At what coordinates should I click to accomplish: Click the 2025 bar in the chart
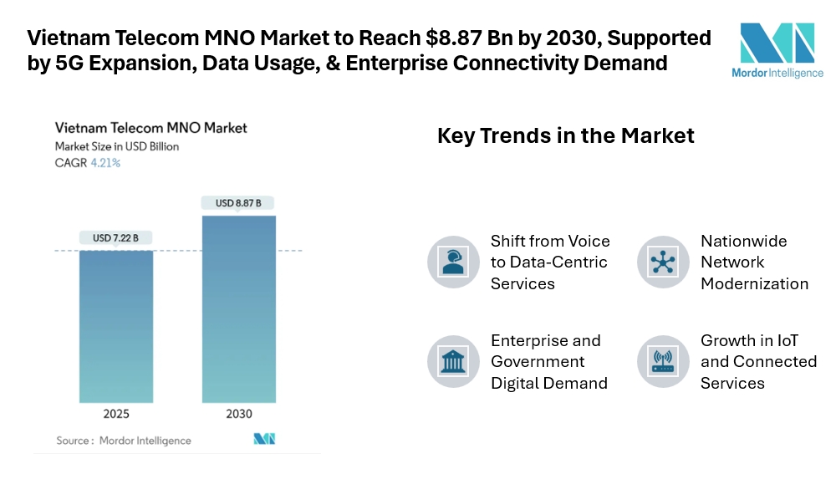[x=117, y=326]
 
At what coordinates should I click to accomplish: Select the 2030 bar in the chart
[x=238, y=309]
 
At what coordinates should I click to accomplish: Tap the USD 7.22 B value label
[x=117, y=238]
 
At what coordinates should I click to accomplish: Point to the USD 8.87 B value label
[x=238, y=203]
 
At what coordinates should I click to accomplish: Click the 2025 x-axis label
[x=117, y=414]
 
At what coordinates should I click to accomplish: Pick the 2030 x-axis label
[x=238, y=414]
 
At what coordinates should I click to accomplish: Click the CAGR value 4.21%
[x=105, y=163]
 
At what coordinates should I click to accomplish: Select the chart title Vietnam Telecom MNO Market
[x=150, y=128]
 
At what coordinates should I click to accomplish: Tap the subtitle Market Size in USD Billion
[x=117, y=146]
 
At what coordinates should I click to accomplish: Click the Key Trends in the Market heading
[x=566, y=135]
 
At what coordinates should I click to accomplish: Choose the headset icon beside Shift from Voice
[x=453, y=262]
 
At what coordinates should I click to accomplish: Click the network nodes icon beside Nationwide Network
[x=663, y=262]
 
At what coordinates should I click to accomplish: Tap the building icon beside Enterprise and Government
[x=453, y=361]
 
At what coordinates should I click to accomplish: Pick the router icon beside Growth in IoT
[x=663, y=361]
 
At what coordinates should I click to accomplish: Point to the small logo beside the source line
[x=264, y=439]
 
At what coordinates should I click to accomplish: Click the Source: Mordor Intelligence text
[x=124, y=441]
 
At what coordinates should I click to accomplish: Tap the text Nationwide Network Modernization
[x=754, y=262]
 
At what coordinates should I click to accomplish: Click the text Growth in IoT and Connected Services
[x=758, y=361]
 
